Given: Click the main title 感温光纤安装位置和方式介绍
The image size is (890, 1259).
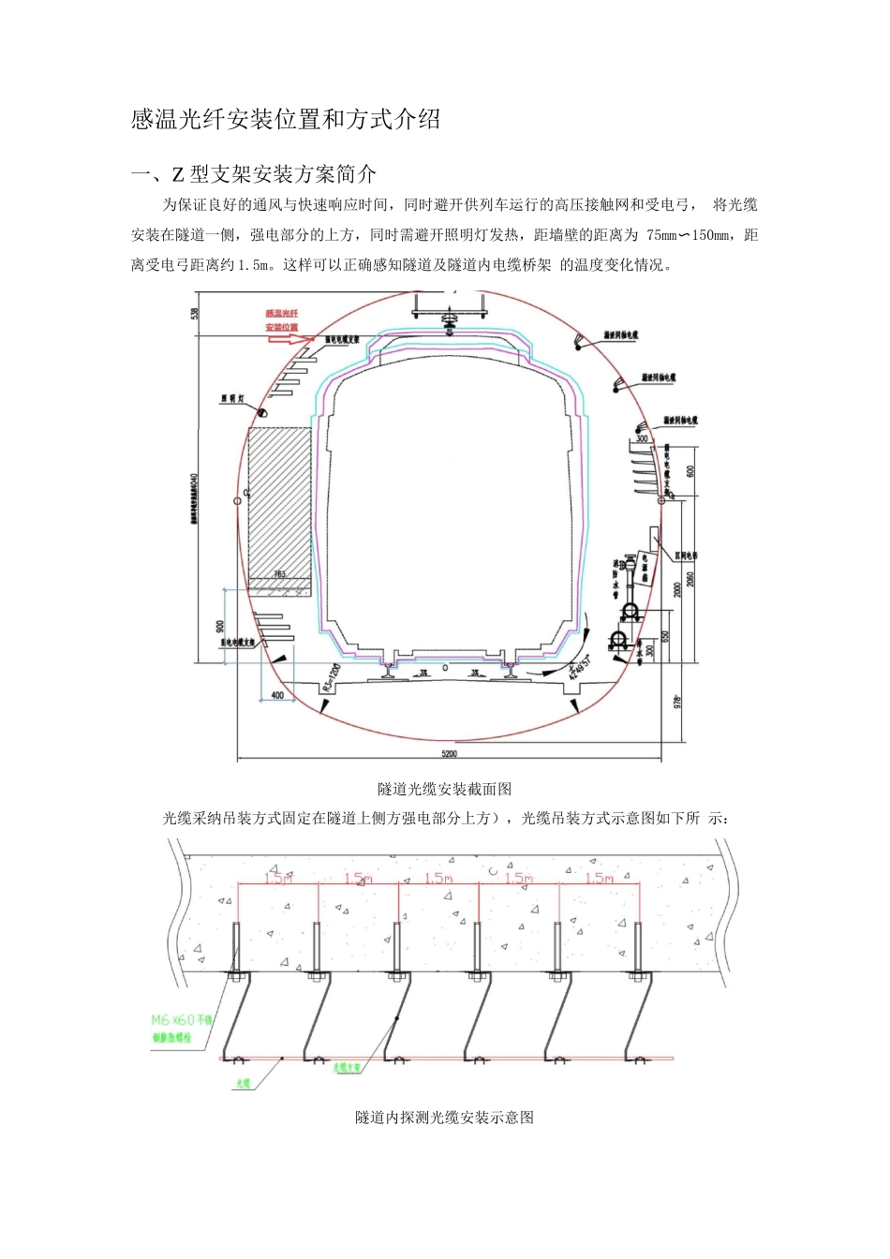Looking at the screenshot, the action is click(286, 120).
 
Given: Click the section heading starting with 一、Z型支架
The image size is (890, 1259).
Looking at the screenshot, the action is click(254, 173).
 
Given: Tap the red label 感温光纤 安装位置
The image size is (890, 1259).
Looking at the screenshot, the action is click(282, 320).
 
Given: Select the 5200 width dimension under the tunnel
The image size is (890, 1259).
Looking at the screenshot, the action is click(449, 753).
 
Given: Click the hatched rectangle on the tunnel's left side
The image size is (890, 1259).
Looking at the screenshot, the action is click(279, 502).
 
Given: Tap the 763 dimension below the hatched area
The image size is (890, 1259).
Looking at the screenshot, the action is click(279, 573).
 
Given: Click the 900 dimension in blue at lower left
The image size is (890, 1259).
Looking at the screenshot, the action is click(219, 626).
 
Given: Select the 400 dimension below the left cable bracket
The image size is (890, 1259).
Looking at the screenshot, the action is click(277, 695).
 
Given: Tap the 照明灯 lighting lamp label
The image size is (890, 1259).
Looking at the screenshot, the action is click(232, 398).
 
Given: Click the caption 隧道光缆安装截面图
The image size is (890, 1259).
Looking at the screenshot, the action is click(445, 789).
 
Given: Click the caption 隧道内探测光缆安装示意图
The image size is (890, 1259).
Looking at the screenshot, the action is click(445, 1117).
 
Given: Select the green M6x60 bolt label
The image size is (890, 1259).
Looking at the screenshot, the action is click(183, 1027).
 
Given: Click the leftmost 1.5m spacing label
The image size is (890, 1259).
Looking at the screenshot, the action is click(277, 879).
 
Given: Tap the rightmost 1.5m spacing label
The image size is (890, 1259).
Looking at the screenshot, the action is click(599, 879).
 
